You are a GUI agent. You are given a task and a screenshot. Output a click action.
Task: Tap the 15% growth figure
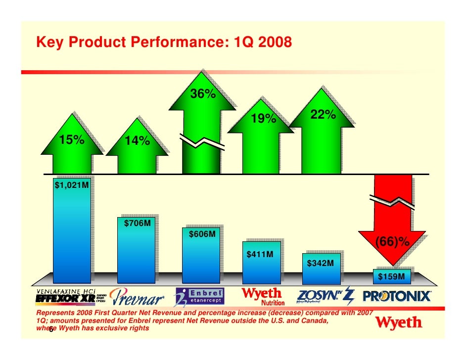[72, 140]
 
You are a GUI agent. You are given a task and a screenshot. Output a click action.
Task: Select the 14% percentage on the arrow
[137, 141]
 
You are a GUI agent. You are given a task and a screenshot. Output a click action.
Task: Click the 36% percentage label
[203, 94]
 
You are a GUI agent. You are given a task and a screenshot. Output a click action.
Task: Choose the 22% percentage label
[323, 115]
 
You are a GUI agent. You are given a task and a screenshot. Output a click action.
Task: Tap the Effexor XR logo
[67, 297]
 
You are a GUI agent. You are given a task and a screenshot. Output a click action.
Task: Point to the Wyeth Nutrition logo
[262, 296]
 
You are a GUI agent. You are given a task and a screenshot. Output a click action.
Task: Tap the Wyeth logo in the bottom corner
[400, 323]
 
